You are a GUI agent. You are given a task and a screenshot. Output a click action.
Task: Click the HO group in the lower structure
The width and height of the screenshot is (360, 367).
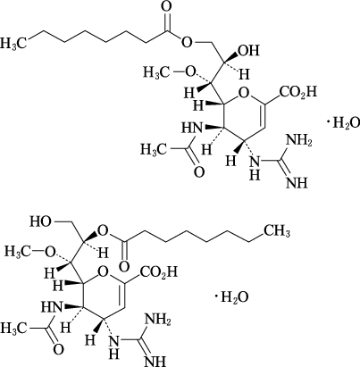coord(40,221)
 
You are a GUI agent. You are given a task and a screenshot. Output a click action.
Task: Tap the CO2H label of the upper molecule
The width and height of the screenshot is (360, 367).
coord(297,92)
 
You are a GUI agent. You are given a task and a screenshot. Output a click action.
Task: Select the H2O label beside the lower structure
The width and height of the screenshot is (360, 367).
coord(234,296)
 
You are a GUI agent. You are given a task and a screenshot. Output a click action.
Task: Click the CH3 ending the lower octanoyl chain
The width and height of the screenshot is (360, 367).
coord(277,231)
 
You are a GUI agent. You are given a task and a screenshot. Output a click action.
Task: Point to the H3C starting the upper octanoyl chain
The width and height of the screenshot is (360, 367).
coord(13,42)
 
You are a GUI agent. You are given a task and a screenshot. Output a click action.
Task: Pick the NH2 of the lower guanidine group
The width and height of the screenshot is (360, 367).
coord(157,320)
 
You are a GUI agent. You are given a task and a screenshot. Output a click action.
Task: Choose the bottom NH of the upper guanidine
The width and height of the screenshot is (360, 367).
coord(297,182)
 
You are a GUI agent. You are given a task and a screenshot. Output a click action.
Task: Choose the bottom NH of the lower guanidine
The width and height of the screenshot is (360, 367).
coord(155,361)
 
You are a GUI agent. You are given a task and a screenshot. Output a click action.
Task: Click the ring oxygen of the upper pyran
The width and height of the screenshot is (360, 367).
coord(243,93)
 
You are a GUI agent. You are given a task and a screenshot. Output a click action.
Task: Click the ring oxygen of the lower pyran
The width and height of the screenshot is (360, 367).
coord(103,272)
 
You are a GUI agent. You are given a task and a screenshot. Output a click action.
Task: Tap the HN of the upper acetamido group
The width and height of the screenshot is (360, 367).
coord(191,129)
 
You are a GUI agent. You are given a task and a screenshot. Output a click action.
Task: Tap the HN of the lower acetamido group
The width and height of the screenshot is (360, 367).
coord(51,307)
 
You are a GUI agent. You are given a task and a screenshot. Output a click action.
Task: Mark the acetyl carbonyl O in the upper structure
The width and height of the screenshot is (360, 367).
coord(199,171)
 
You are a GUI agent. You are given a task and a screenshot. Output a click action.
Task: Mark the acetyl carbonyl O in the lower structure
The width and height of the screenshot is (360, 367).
coord(59,349)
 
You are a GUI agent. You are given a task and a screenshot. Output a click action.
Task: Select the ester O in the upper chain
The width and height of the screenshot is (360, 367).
coord(187,43)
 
